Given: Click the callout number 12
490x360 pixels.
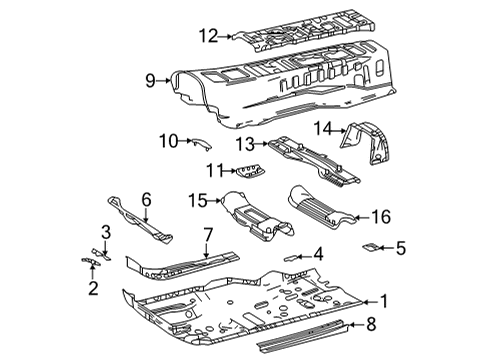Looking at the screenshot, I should coord(207,36).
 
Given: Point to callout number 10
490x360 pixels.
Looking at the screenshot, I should coord(165,143).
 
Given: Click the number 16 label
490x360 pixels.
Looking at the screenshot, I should coord(381,216).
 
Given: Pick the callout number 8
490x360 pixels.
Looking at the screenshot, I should coord(371,323).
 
